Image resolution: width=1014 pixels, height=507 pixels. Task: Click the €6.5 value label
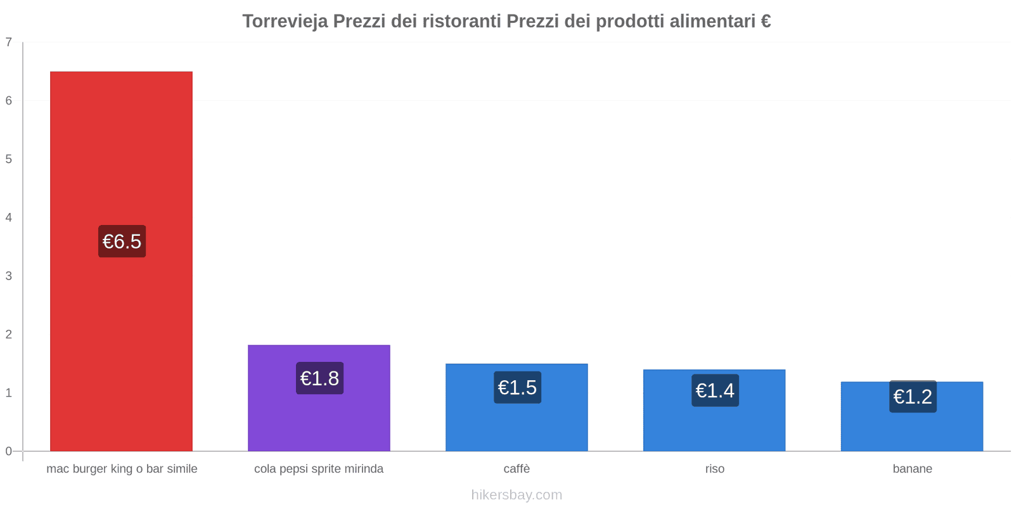click(122, 241)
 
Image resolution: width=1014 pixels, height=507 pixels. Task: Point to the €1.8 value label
click(319, 378)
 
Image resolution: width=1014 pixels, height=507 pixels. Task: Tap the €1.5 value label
click(517, 387)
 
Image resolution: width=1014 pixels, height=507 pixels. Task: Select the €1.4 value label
click(715, 390)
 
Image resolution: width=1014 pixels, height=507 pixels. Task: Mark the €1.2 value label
click(913, 397)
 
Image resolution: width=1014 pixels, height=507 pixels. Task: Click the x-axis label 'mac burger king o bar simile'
click(122, 469)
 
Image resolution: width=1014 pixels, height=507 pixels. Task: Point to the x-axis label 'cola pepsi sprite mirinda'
click(319, 469)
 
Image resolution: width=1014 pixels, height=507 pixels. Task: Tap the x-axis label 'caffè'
click(517, 469)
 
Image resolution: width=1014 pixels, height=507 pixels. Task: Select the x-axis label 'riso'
click(714, 469)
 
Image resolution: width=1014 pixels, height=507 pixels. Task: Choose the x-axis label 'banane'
click(912, 469)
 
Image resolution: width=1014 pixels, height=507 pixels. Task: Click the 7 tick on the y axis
click(9, 42)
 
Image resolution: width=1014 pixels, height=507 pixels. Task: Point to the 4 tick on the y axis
click(9, 217)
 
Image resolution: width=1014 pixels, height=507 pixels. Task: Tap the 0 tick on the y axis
click(9, 451)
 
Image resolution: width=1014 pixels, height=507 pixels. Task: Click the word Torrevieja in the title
click(285, 22)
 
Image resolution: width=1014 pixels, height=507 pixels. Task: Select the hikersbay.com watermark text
click(517, 495)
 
